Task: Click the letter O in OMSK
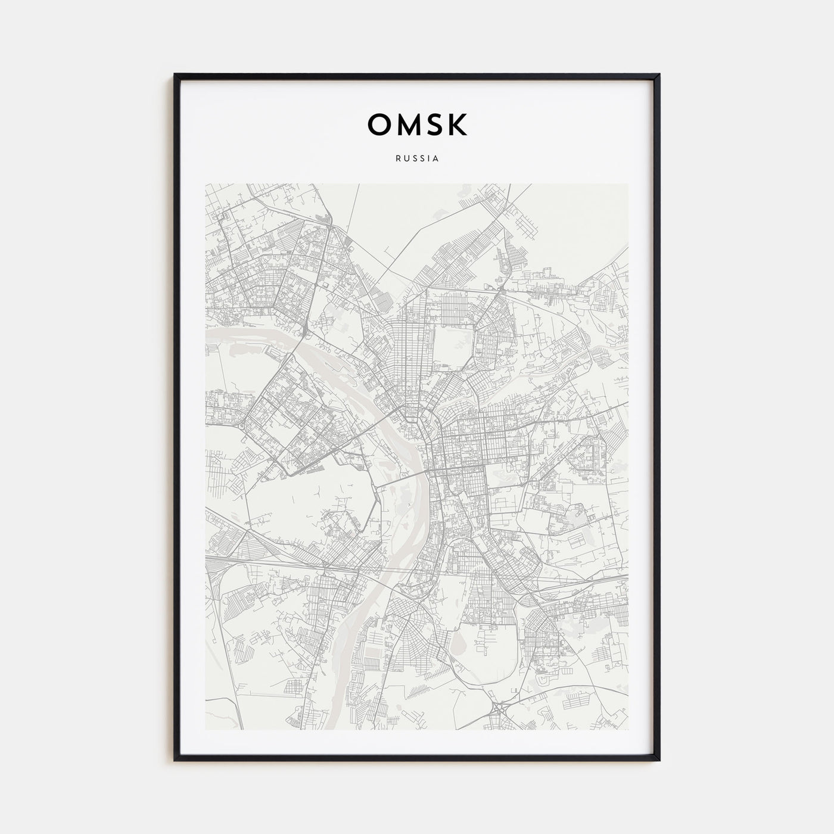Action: [379, 124]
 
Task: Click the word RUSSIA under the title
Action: [417, 159]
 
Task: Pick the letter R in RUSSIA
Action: [397, 159]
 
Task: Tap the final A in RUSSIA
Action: [437, 159]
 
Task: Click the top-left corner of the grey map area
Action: [205, 184]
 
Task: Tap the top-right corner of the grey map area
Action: [628, 184]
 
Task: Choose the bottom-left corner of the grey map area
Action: [205, 730]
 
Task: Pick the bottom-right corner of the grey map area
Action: [628, 730]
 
